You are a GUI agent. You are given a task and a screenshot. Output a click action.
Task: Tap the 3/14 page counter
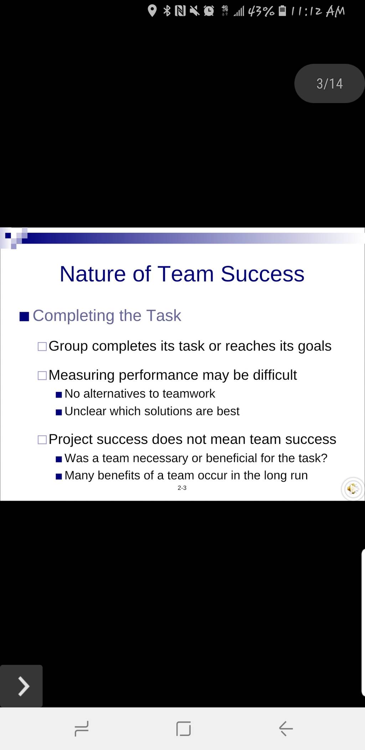(x=329, y=84)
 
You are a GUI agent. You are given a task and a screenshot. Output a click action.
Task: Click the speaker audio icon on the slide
(x=353, y=489)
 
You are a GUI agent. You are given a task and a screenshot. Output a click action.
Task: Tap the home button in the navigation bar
(x=183, y=729)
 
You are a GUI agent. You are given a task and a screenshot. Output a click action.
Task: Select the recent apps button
(x=82, y=729)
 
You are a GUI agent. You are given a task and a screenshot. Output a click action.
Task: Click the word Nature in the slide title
(x=93, y=274)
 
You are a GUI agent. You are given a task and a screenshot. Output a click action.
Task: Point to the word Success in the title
(x=262, y=274)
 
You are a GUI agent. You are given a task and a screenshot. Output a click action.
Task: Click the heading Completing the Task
(x=107, y=316)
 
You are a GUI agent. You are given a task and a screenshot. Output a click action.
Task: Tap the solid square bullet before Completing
(x=24, y=316)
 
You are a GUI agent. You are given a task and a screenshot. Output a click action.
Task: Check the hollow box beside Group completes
(x=42, y=346)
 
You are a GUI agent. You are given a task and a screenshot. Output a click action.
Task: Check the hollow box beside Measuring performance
(x=42, y=376)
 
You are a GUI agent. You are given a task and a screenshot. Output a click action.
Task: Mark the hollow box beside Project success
(x=42, y=440)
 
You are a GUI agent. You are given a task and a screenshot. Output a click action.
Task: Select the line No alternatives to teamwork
(x=140, y=394)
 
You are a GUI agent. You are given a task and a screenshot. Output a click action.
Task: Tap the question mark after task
(x=324, y=458)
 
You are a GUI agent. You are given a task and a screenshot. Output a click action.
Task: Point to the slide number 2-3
(x=182, y=488)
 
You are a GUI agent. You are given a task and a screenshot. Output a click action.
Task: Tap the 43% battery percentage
(x=261, y=11)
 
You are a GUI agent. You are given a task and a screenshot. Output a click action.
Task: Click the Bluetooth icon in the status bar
(x=167, y=11)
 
